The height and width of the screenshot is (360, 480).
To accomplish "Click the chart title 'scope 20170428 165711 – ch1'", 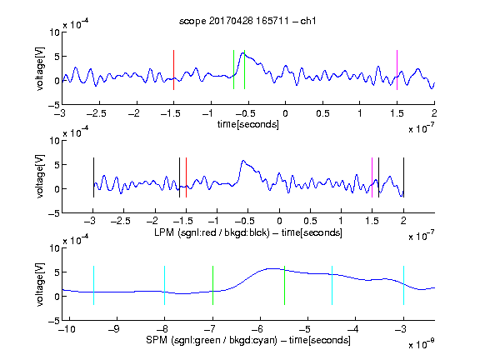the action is click(x=247, y=21).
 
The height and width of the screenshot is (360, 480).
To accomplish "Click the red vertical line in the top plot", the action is click(x=173, y=70).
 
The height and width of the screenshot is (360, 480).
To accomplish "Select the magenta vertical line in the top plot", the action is click(x=397, y=70).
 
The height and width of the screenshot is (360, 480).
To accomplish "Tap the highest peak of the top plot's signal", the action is click(x=242, y=53).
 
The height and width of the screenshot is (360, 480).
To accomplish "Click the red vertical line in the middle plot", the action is click(x=186, y=177).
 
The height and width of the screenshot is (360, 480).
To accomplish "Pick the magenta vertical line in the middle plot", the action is click(x=372, y=177).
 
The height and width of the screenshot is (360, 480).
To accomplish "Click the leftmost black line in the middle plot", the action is click(x=93, y=177).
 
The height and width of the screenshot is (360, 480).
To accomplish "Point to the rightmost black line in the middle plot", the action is click(x=403, y=177).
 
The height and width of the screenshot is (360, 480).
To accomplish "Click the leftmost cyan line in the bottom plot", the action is click(x=93, y=285).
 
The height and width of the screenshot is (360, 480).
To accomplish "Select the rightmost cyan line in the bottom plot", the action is click(x=403, y=285).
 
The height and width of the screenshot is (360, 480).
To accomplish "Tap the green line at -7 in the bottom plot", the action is click(x=212, y=285).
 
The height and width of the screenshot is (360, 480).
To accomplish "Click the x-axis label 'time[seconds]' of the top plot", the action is click(x=248, y=125).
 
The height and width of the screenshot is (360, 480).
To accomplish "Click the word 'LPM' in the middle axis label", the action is click(x=164, y=232).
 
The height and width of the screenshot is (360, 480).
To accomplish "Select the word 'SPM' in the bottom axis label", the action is click(x=157, y=340).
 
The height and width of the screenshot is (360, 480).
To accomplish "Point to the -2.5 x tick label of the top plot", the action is click(x=97, y=113).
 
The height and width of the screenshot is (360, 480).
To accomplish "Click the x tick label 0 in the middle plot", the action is click(x=279, y=221).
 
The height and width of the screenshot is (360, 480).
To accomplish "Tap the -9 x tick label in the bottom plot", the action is click(x=114, y=329).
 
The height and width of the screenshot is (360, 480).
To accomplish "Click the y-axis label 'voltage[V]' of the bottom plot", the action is click(x=40, y=284).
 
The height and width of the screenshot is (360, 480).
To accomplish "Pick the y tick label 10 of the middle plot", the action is click(x=55, y=141).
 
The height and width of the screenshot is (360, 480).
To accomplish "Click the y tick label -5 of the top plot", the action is click(x=54, y=105).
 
